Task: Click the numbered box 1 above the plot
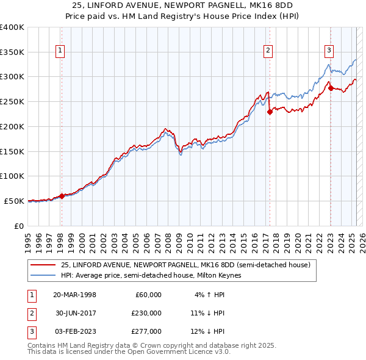(x=61, y=51)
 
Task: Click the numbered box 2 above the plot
(x=268, y=51)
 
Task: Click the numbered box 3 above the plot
(x=329, y=51)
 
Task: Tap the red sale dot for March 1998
(x=62, y=196)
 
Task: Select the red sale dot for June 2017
(x=269, y=112)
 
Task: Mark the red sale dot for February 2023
(x=330, y=88)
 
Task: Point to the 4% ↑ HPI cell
(x=209, y=295)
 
